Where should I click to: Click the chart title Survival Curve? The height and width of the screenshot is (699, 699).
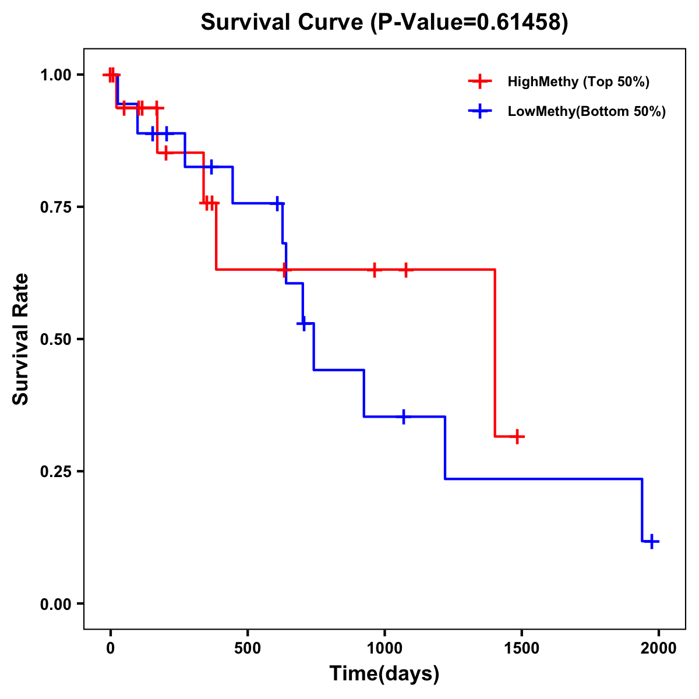click(x=384, y=22)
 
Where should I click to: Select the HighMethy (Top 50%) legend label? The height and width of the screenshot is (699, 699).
click(x=578, y=82)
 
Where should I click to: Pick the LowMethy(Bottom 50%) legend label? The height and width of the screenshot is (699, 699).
click(x=587, y=111)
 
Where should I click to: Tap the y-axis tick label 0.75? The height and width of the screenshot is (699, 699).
click(x=56, y=207)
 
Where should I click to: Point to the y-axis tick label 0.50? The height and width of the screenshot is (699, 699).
click(x=56, y=340)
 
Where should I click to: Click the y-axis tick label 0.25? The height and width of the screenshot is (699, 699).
click(x=56, y=472)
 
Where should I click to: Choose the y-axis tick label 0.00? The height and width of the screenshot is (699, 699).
click(x=56, y=604)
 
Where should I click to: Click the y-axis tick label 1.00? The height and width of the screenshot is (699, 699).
click(x=56, y=75)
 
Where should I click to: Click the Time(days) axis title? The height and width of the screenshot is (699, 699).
click(x=384, y=673)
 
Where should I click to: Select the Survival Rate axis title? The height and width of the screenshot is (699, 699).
click(x=21, y=339)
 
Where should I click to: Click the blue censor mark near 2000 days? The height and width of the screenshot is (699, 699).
click(x=652, y=541)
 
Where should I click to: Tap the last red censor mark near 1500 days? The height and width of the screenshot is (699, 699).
click(x=517, y=436)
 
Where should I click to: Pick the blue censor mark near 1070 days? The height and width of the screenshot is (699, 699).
click(x=403, y=416)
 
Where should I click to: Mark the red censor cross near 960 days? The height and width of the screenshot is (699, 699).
click(x=374, y=270)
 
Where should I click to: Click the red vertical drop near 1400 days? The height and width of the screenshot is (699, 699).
click(x=495, y=352)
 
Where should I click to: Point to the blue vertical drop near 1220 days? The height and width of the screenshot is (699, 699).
click(x=445, y=447)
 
